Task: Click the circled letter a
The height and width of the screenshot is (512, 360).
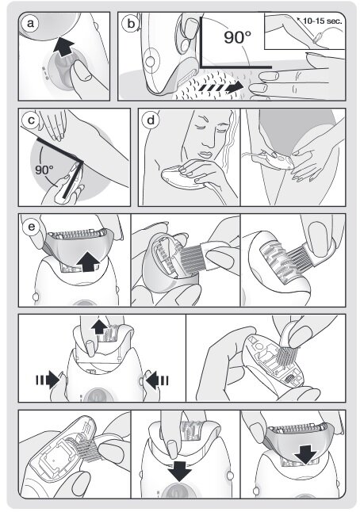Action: [x=30, y=24]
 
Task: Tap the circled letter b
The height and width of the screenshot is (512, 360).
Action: [x=131, y=24]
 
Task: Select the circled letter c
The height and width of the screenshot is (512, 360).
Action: [x=31, y=120]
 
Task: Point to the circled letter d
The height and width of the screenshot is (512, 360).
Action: [x=151, y=120]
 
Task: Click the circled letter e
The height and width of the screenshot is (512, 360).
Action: [x=32, y=227]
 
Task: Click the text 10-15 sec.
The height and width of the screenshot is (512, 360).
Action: [x=323, y=21]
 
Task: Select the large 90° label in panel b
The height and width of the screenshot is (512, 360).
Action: [x=238, y=36]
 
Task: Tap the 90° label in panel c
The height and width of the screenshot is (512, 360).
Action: [x=44, y=170]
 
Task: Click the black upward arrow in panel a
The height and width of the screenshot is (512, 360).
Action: [x=63, y=48]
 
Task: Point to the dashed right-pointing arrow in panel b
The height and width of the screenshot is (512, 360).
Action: [x=221, y=87]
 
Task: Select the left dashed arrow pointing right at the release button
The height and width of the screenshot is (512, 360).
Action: [x=47, y=380]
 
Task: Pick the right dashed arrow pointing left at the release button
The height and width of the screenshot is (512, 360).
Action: [x=157, y=380]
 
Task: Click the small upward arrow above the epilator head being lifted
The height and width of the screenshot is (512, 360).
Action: [x=99, y=327]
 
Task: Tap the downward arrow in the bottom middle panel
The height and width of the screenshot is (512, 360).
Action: [x=179, y=470]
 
